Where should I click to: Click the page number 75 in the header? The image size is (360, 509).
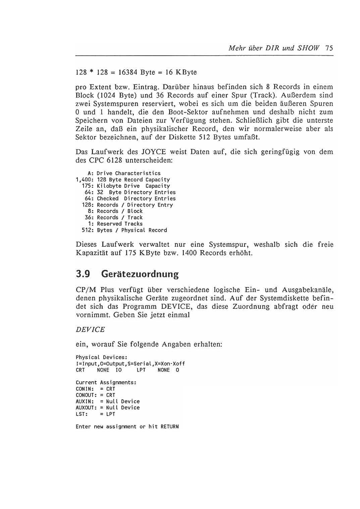[329, 48]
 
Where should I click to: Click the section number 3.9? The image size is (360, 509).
[83, 274]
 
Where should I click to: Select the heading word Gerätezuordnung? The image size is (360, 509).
[140, 274]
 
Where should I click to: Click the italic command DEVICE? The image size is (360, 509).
[90, 330]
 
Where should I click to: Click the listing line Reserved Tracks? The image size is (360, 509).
[119, 224]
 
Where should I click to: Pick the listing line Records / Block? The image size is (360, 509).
[119, 211]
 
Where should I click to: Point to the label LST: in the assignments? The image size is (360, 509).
[81, 414]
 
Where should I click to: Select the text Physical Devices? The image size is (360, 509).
[101, 357]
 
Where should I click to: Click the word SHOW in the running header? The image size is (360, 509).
[308, 48]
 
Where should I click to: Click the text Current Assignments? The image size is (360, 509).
[106, 383]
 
